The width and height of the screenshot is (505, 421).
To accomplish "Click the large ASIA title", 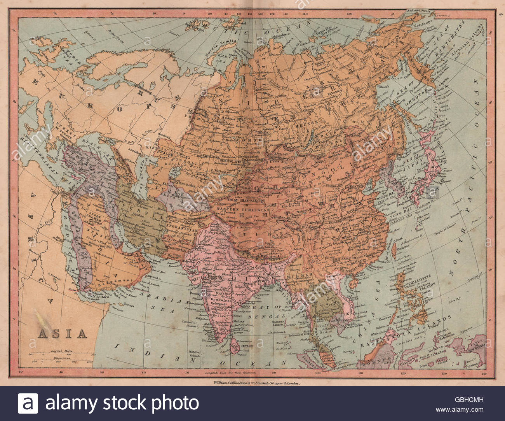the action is (x=62, y=333).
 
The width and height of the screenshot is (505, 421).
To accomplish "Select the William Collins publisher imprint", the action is (x=257, y=383).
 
